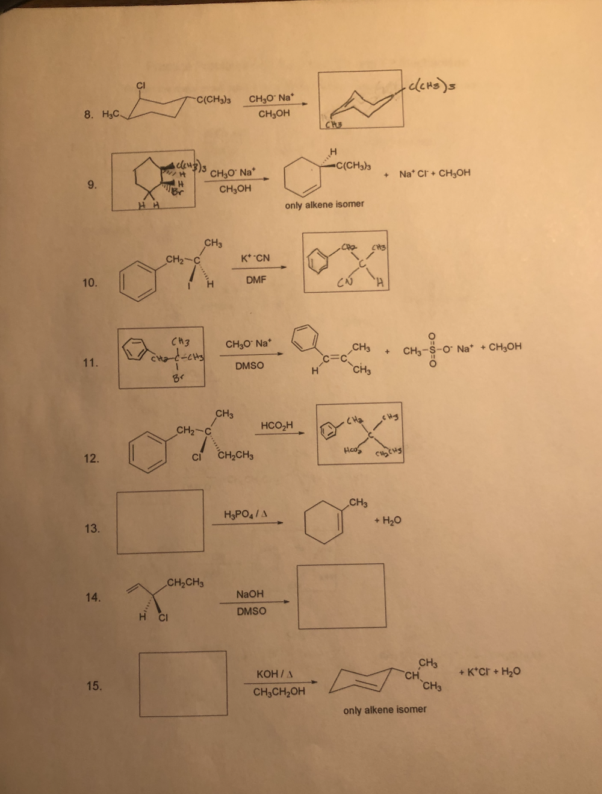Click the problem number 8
click(88, 114)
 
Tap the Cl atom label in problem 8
click(140, 85)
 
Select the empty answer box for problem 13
click(160, 522)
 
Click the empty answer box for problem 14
click(341, 596)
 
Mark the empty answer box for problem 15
click(183, 683)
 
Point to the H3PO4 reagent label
click(246, 514)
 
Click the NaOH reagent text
click(250, 594)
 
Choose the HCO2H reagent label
click(277, 425)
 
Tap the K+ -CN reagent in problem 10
click(255, 258)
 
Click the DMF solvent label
click(256, 280)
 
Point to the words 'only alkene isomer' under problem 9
click(324, 204)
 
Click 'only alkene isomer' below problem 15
click(385, 710)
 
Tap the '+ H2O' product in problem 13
click(388, 520)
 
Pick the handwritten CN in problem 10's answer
click(345, 281)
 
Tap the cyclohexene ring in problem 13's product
click(324, 521)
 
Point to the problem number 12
click(92, 458)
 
